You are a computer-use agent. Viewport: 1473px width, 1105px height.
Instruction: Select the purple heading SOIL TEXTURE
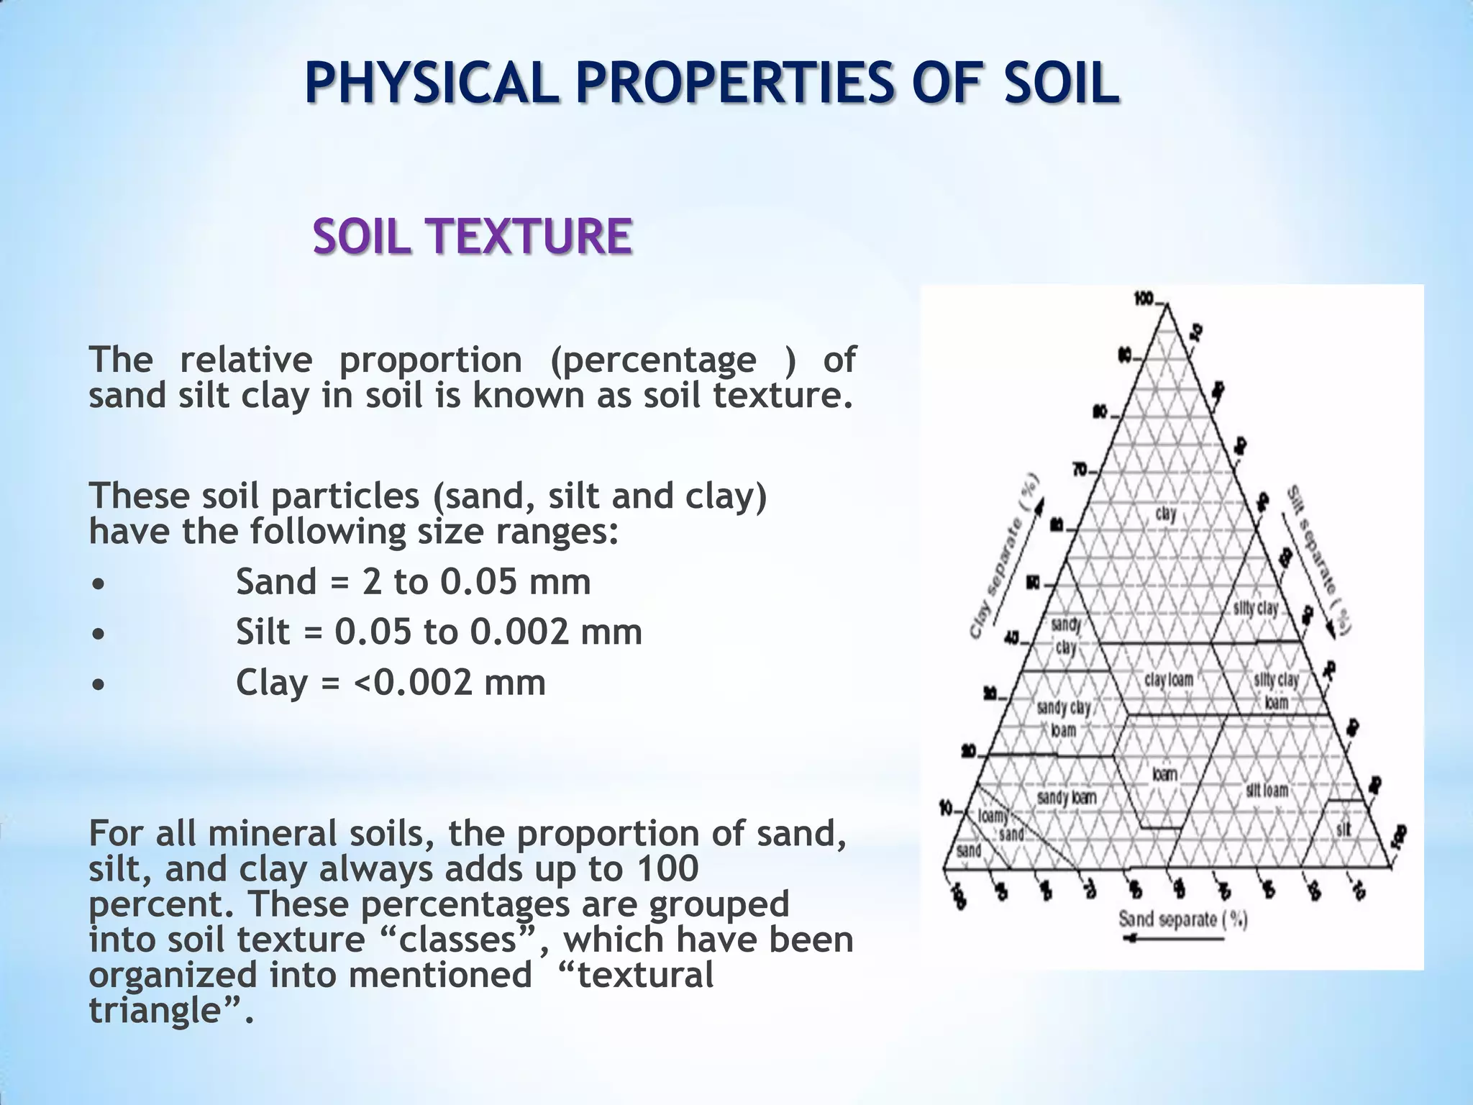tap(473, 237)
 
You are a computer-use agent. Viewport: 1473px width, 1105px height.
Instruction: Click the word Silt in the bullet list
tap(263, 632)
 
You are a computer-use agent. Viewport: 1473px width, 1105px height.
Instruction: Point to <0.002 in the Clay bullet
tap(414, 682)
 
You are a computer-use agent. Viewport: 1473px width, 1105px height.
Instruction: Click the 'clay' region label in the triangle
tap(1166, 514)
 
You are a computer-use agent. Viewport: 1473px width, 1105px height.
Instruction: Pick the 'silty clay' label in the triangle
tap(1256, 608)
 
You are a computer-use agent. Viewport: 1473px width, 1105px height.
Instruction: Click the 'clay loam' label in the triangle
tap(1169, 680)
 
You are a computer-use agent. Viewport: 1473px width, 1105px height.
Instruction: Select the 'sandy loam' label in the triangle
tap(1067, 797)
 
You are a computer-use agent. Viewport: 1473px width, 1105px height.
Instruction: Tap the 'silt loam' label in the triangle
tap(1267, 791)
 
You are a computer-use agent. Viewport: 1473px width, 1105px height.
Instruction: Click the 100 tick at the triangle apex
tap(1144, 299)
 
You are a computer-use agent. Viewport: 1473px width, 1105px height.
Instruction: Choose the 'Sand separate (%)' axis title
tap(1182, 919)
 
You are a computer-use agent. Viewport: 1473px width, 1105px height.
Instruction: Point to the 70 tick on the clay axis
tap(1080, 470)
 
